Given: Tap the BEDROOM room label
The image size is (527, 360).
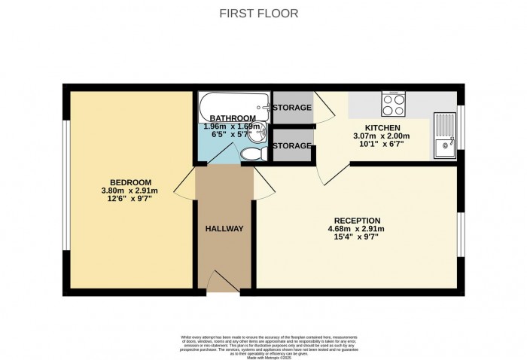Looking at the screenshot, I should tap(131, 182).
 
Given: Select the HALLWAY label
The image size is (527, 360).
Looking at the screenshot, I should tap(224, 228).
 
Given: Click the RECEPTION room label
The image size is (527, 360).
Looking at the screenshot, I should tap(353, 221).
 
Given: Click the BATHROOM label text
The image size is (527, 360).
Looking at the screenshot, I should tap(232, 118).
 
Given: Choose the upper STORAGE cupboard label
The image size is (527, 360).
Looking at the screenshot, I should tap(292, 108).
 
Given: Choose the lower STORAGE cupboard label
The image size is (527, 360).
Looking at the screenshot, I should tap(292, 145).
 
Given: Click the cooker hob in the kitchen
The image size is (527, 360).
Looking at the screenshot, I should tap(393, 102).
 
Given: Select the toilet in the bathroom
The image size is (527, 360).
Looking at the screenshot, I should tap(251, 154).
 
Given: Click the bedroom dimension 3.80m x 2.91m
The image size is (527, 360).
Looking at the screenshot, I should tap(131, 191).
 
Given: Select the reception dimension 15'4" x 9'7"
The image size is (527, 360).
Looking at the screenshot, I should tap(353, 238).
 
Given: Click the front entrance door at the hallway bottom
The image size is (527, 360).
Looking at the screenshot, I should tap(224, 285).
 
